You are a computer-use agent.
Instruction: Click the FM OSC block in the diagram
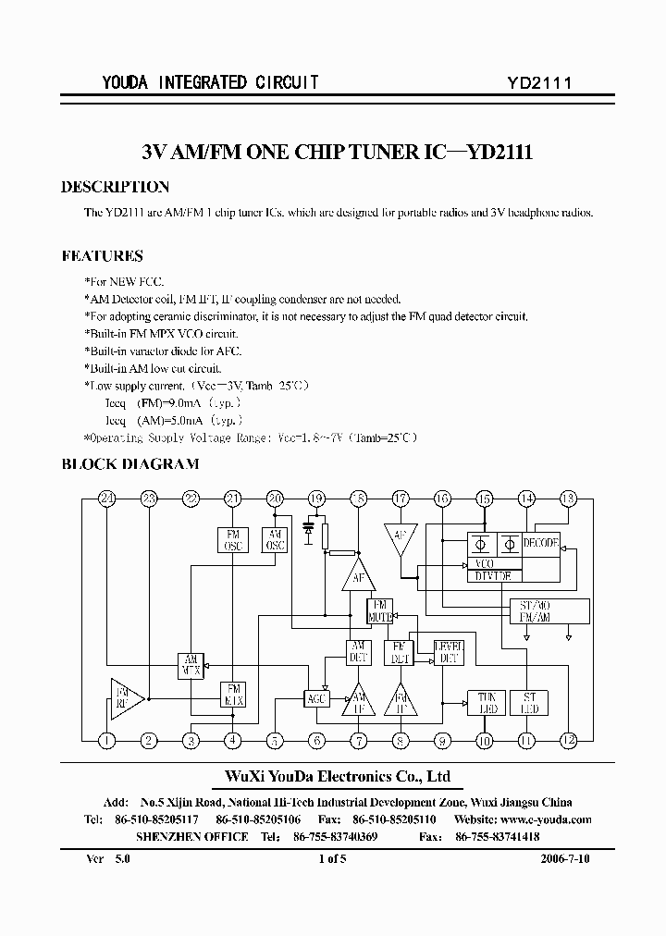pyautogui.click(x=232, y=540)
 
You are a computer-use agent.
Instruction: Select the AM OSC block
pyautogui.click(x=275, y=540)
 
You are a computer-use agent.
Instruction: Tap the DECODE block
pyautogui.click(x=541, y=544)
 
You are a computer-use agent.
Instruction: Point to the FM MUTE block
pyautogui.click(x=380, y=610)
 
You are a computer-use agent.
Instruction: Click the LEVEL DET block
pyautogui.click(x=449, y=652)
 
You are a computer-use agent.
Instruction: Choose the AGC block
pyautogui.click(x=316, y=699)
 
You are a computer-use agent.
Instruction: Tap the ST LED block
pyautogui.click(x=530, y=703)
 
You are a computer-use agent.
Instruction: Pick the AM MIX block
pyautogui.click(x=191, y=666)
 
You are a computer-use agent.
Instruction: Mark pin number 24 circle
pyautogui.click(x=107, y=499)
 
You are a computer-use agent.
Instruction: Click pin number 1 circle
pyautogui.click(x=107, y=740)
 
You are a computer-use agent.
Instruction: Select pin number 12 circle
pyautogui.click(x=567, y=740)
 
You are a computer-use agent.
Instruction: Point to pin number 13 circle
pyautogui.click(x=567, y=499)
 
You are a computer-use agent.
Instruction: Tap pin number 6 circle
pyautogui.click(x=316, y=740)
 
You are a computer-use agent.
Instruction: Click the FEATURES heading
pyautogui.click(x=102, y=256)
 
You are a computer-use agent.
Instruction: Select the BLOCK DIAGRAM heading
pyautogui.click(x=129, y=464)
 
